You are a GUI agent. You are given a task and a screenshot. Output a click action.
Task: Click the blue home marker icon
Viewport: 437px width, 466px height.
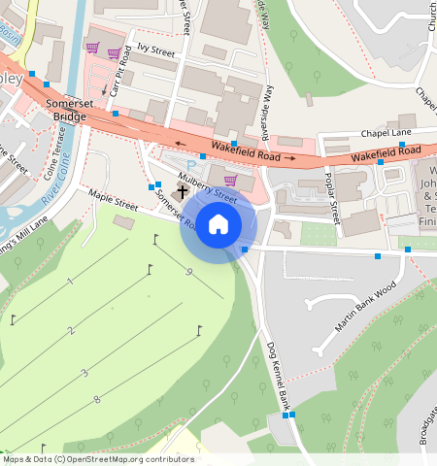pos(218,224)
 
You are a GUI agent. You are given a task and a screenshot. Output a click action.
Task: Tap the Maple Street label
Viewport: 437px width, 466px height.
pos(114,200)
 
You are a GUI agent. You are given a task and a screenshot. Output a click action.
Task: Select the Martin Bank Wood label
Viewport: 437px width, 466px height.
pos(366,307)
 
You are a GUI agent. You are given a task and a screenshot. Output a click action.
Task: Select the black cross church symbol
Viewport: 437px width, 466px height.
pos(182,192)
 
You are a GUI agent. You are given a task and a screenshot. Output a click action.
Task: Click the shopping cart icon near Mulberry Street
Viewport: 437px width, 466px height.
pos(230,180)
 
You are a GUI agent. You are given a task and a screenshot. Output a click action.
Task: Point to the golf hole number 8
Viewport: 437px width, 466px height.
pos(96,399)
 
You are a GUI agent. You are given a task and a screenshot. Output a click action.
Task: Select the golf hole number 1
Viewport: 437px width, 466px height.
pos(70,282)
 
